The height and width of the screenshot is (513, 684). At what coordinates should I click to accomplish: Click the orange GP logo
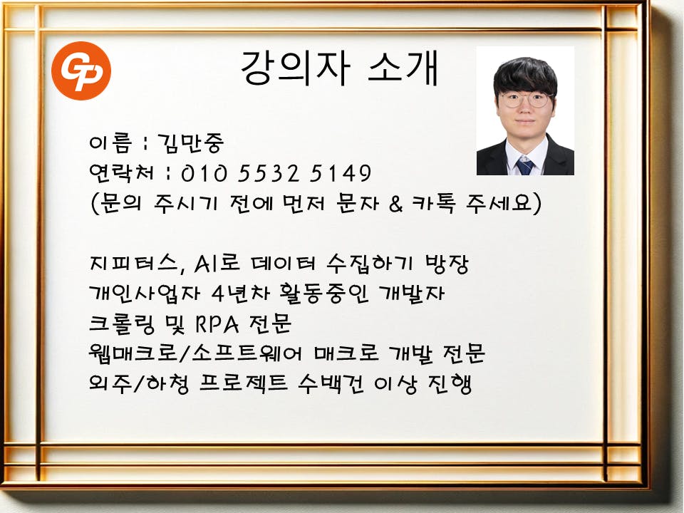[81, 71]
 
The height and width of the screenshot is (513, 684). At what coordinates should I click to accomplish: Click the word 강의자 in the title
[295, 68]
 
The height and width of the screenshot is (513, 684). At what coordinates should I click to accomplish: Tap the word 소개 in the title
[403, 68]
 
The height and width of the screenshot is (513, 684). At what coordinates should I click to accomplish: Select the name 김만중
[191, 143]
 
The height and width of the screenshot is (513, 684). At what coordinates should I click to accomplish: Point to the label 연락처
[121, 172]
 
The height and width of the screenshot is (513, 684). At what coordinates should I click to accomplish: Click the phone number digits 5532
[269, 173]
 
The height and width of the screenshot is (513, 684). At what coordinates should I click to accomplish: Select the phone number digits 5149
[341, 173]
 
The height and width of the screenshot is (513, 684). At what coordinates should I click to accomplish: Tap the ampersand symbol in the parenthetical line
[395, 204]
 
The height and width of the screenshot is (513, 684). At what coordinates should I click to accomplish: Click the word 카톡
[433, 203]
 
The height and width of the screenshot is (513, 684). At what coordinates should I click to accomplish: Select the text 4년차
[241, 293]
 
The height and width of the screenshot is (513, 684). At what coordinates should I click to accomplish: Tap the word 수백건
[331, 383]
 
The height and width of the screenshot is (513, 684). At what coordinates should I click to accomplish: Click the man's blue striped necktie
[524, 165]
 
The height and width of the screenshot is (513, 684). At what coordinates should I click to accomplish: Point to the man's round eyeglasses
[525, 100]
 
